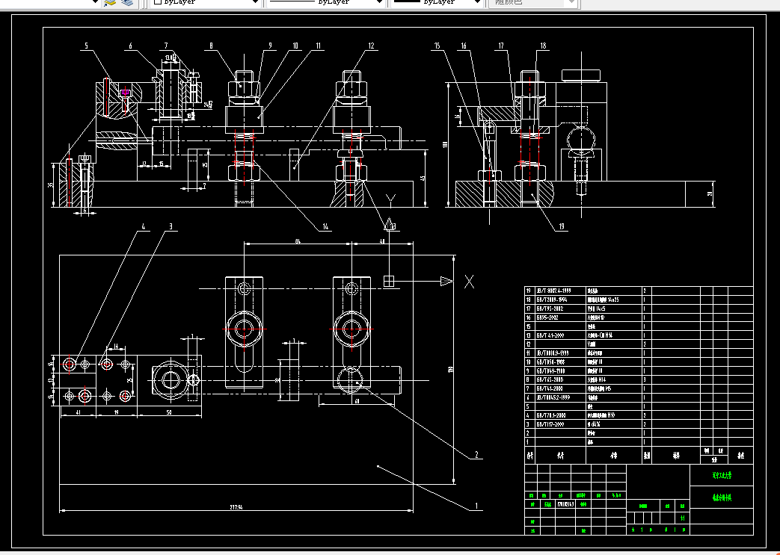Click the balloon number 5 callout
[86, 46]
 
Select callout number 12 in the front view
[370, 46]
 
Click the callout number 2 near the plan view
[475, 454]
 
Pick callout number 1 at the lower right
[476, 506]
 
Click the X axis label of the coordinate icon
[469, 282]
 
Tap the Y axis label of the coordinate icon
[389, 199]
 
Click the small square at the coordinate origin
[388, 281]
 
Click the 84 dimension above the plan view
[297, 241]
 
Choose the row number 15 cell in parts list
[529, 326]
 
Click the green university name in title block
[721, 475]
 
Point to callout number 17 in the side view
[501, 46]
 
